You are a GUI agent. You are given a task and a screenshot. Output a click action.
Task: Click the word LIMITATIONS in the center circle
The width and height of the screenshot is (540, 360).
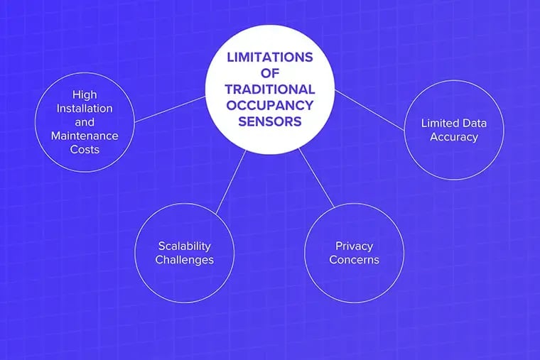(x=270, y=58)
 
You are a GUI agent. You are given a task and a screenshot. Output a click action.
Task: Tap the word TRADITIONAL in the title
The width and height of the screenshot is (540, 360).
(x=270, y=89)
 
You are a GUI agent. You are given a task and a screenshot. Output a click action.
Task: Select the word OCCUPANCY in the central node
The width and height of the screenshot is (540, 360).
(x=270, y=105)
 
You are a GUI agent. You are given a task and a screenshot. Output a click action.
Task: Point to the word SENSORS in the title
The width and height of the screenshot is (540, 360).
(x=270, y=121)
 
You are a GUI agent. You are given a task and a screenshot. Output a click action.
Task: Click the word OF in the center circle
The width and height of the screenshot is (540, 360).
(x=270, y=73)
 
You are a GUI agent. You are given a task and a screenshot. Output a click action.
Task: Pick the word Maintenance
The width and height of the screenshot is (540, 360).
(x=85, y=136)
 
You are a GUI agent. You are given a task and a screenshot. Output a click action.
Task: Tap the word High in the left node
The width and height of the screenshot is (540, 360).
(x=85, y=94)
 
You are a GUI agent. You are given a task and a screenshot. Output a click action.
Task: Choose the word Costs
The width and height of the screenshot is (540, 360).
(x=85, y=150)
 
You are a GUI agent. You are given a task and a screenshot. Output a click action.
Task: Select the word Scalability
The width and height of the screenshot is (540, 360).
(x=184, y=246)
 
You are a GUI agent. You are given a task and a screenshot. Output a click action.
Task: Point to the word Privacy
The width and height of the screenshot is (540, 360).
(x=354, y=246)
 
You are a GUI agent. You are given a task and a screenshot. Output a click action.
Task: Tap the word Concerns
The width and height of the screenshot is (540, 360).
(x=354, y=260)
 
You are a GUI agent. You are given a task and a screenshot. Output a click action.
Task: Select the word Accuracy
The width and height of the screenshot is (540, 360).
(x=454, y=136)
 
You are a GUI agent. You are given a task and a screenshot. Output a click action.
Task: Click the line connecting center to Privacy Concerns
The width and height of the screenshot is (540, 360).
(x=316, y=178)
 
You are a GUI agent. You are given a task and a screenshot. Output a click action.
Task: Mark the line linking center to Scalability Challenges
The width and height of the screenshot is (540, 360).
(x=231, y=181)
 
